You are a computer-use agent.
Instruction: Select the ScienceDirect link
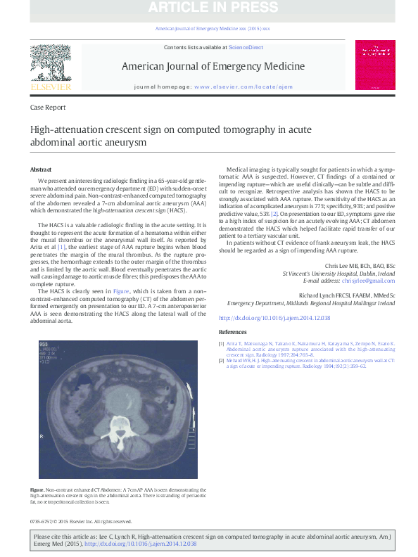(246, 47)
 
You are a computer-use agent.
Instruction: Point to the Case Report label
(49, 108)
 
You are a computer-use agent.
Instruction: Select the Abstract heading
(41, 169)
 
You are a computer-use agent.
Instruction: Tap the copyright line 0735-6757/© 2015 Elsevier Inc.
(81, 521)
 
